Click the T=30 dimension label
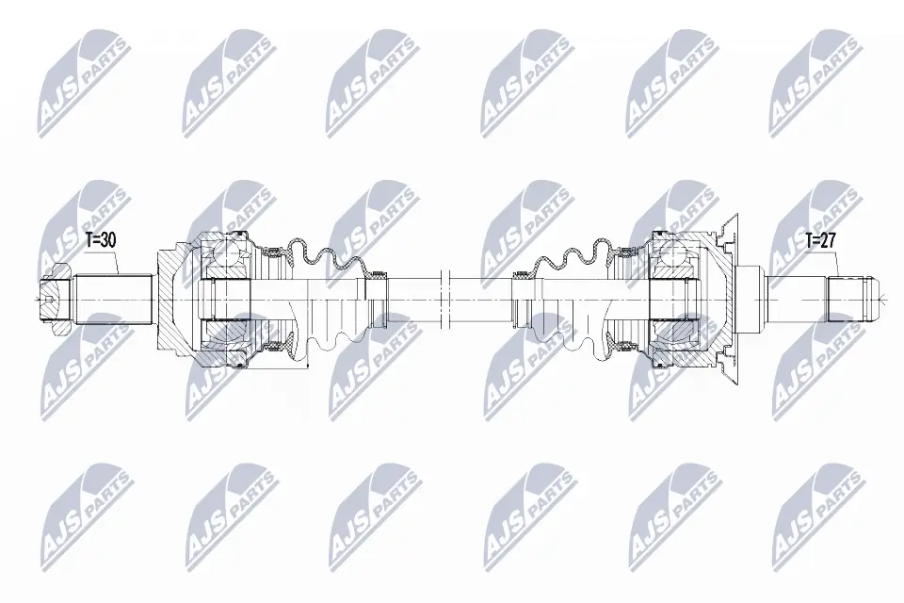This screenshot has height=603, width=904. (x=100, y=240)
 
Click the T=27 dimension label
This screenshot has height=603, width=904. (x=821, y=240)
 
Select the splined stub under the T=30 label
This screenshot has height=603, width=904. (x=113, y=300)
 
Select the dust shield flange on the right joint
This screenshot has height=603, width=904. (x=728, y=236)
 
